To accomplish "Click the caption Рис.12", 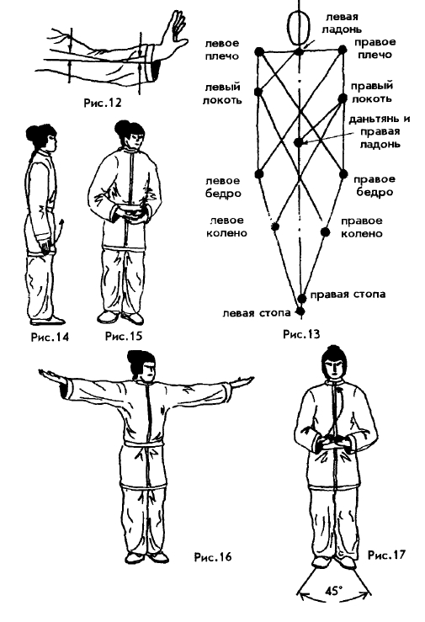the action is pyautogui.click(x=103, y=103).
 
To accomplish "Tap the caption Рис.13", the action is pyautogui.click(x=301, y=334).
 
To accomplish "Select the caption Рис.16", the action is pyautogui.click(x=212, y=556).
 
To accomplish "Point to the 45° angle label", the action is pyautogui.click(x=333, y=591).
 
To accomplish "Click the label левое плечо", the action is pyautogui.click(x=222, y=50).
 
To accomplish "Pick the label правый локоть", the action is pyautogui.click(x=372, y=92).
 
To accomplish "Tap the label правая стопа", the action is pyautogui.click(x=348, y=295).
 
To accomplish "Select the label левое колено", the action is pyautogui.click(x=226, y=226).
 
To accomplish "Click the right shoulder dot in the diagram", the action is pyautogui.click(x=343, y=50).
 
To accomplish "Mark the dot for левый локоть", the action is pyautogui.click(x=258, y=92).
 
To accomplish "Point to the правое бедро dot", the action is pyautogui.click(x=343, y=173).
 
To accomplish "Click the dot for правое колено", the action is pyautogui.click(x=325, y=232).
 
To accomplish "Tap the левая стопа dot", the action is pyautogui.click(x=300, y=311).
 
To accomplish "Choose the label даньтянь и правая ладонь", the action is pyautogui.click(x=379, y=131).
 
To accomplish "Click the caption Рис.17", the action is pyautogui.click(x=387, y=554).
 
